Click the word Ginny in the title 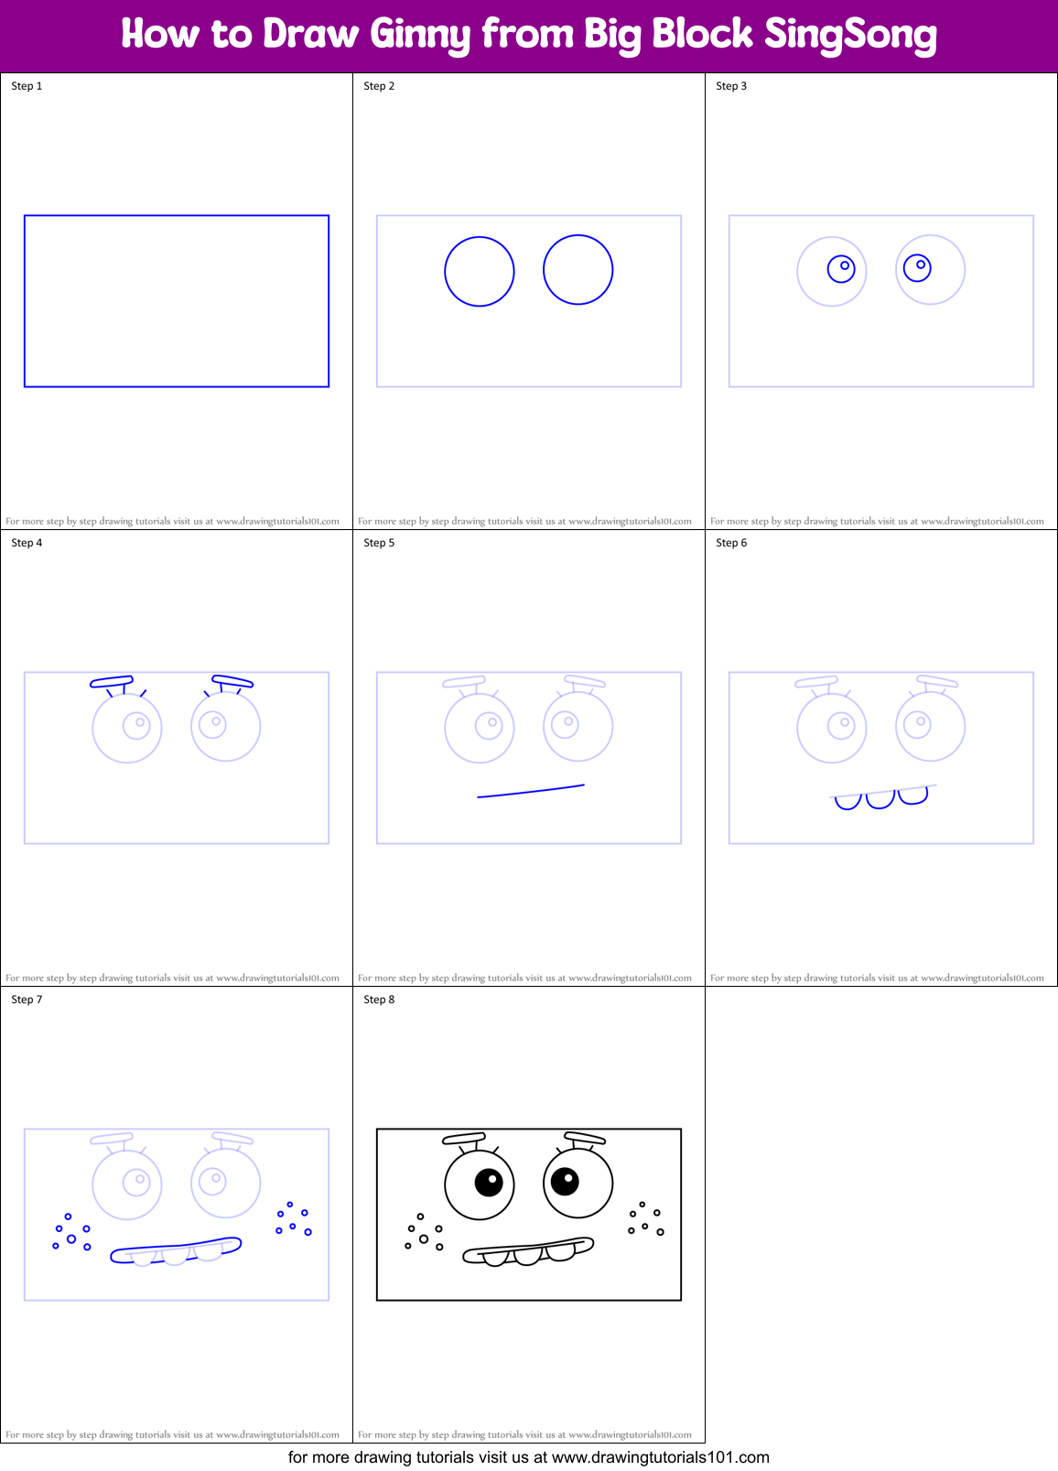click(x=420, y=35)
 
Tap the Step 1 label click(x=27, y=86)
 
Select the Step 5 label click(x=379, y=543)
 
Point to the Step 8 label click(x=379, y=1000)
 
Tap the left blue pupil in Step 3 click(x=841, y=268)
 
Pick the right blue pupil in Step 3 click(x=917, y=267)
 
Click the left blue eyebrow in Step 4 click(x=112, y=681)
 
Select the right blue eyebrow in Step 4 click(x=232, y=680)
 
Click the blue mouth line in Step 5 click(x=531, y=791)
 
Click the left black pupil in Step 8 click(x=489, y=1183)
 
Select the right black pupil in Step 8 click(x=565, y=1181)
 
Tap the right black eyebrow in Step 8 click(x=585, y=1138)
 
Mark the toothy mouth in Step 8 click(x=528, y=1251)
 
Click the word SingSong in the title click(x=850, y=35)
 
